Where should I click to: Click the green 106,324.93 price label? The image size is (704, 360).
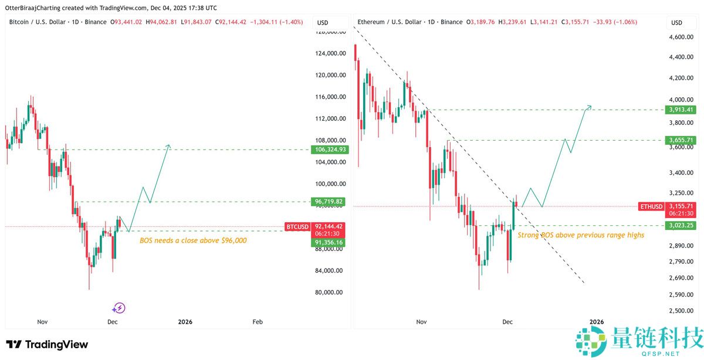pyautogui.click(x=329, y=150)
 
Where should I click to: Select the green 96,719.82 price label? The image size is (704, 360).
pyautogui.click(x=329, y=202)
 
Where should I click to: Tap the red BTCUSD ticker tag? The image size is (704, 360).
pyautogui.click(x=297, y=226)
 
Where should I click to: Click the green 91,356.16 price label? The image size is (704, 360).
pyautogui.click(x=329, y=242)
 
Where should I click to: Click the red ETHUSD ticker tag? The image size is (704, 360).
pyautogui.click(x=652, y=206)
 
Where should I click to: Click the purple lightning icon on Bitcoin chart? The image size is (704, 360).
pyautogui.click(x=119, y=308)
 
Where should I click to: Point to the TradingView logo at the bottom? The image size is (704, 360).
pyautogui.click(x=47, y=345)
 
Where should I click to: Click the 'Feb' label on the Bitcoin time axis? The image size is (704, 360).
pyautogui.click(x=257, y=322)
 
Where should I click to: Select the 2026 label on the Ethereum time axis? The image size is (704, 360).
pyautogui.click(x=596, y=322)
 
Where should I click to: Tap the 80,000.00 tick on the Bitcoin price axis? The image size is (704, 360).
pyautogui.click(x=329, y=293)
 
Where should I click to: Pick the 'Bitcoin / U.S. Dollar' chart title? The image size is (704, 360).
pyautogui.click(x=37, y=22)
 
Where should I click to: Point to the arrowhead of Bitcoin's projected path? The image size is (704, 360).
pyautogui.click(x=169, y=145)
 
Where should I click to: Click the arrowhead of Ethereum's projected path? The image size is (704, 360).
pyautogui.click(x=590, y=106)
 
